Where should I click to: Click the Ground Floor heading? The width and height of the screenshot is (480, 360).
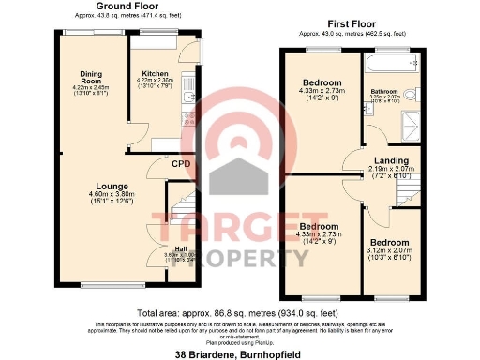coord(99,7)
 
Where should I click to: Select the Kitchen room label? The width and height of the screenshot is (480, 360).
coord(155,74)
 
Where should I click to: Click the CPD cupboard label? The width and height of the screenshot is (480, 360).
coord(182,164)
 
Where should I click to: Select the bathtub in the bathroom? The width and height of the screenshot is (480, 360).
coord(384,63)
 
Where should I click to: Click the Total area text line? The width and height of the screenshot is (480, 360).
coord(239,312)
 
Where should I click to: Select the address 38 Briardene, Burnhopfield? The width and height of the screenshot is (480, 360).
coord(239,353)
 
